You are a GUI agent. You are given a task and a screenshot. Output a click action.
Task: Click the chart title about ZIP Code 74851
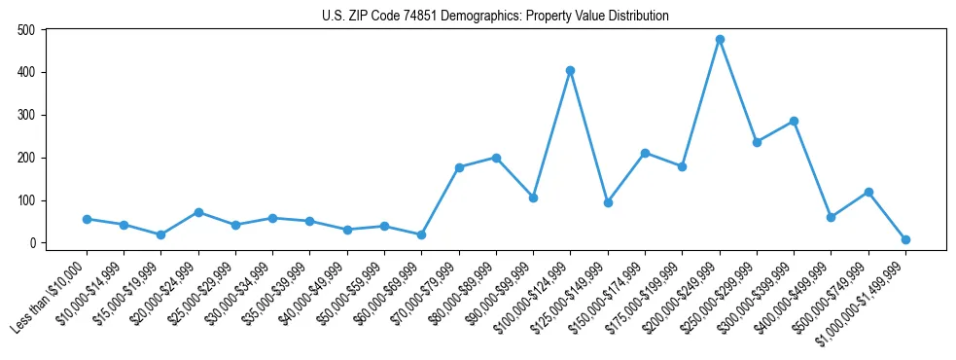495,17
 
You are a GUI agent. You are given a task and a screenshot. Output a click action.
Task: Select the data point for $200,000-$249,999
720,40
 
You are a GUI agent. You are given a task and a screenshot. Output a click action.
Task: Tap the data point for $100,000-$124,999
571,70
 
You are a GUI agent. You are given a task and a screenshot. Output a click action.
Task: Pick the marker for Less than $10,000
87,219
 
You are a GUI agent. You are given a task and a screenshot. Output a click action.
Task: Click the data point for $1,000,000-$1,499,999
905,239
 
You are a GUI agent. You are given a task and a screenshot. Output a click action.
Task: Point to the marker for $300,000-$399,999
794,122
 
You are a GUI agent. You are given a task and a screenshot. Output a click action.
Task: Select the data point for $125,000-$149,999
608,202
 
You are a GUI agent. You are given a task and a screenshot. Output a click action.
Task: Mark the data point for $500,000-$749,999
868,192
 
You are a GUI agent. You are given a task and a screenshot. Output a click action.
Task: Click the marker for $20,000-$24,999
198,212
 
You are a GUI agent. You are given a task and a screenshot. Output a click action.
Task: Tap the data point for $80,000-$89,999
496,158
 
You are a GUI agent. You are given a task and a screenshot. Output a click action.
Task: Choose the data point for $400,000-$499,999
831,217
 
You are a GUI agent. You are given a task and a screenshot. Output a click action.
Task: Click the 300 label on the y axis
27,115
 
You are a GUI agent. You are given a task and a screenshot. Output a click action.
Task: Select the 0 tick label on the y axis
32,243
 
